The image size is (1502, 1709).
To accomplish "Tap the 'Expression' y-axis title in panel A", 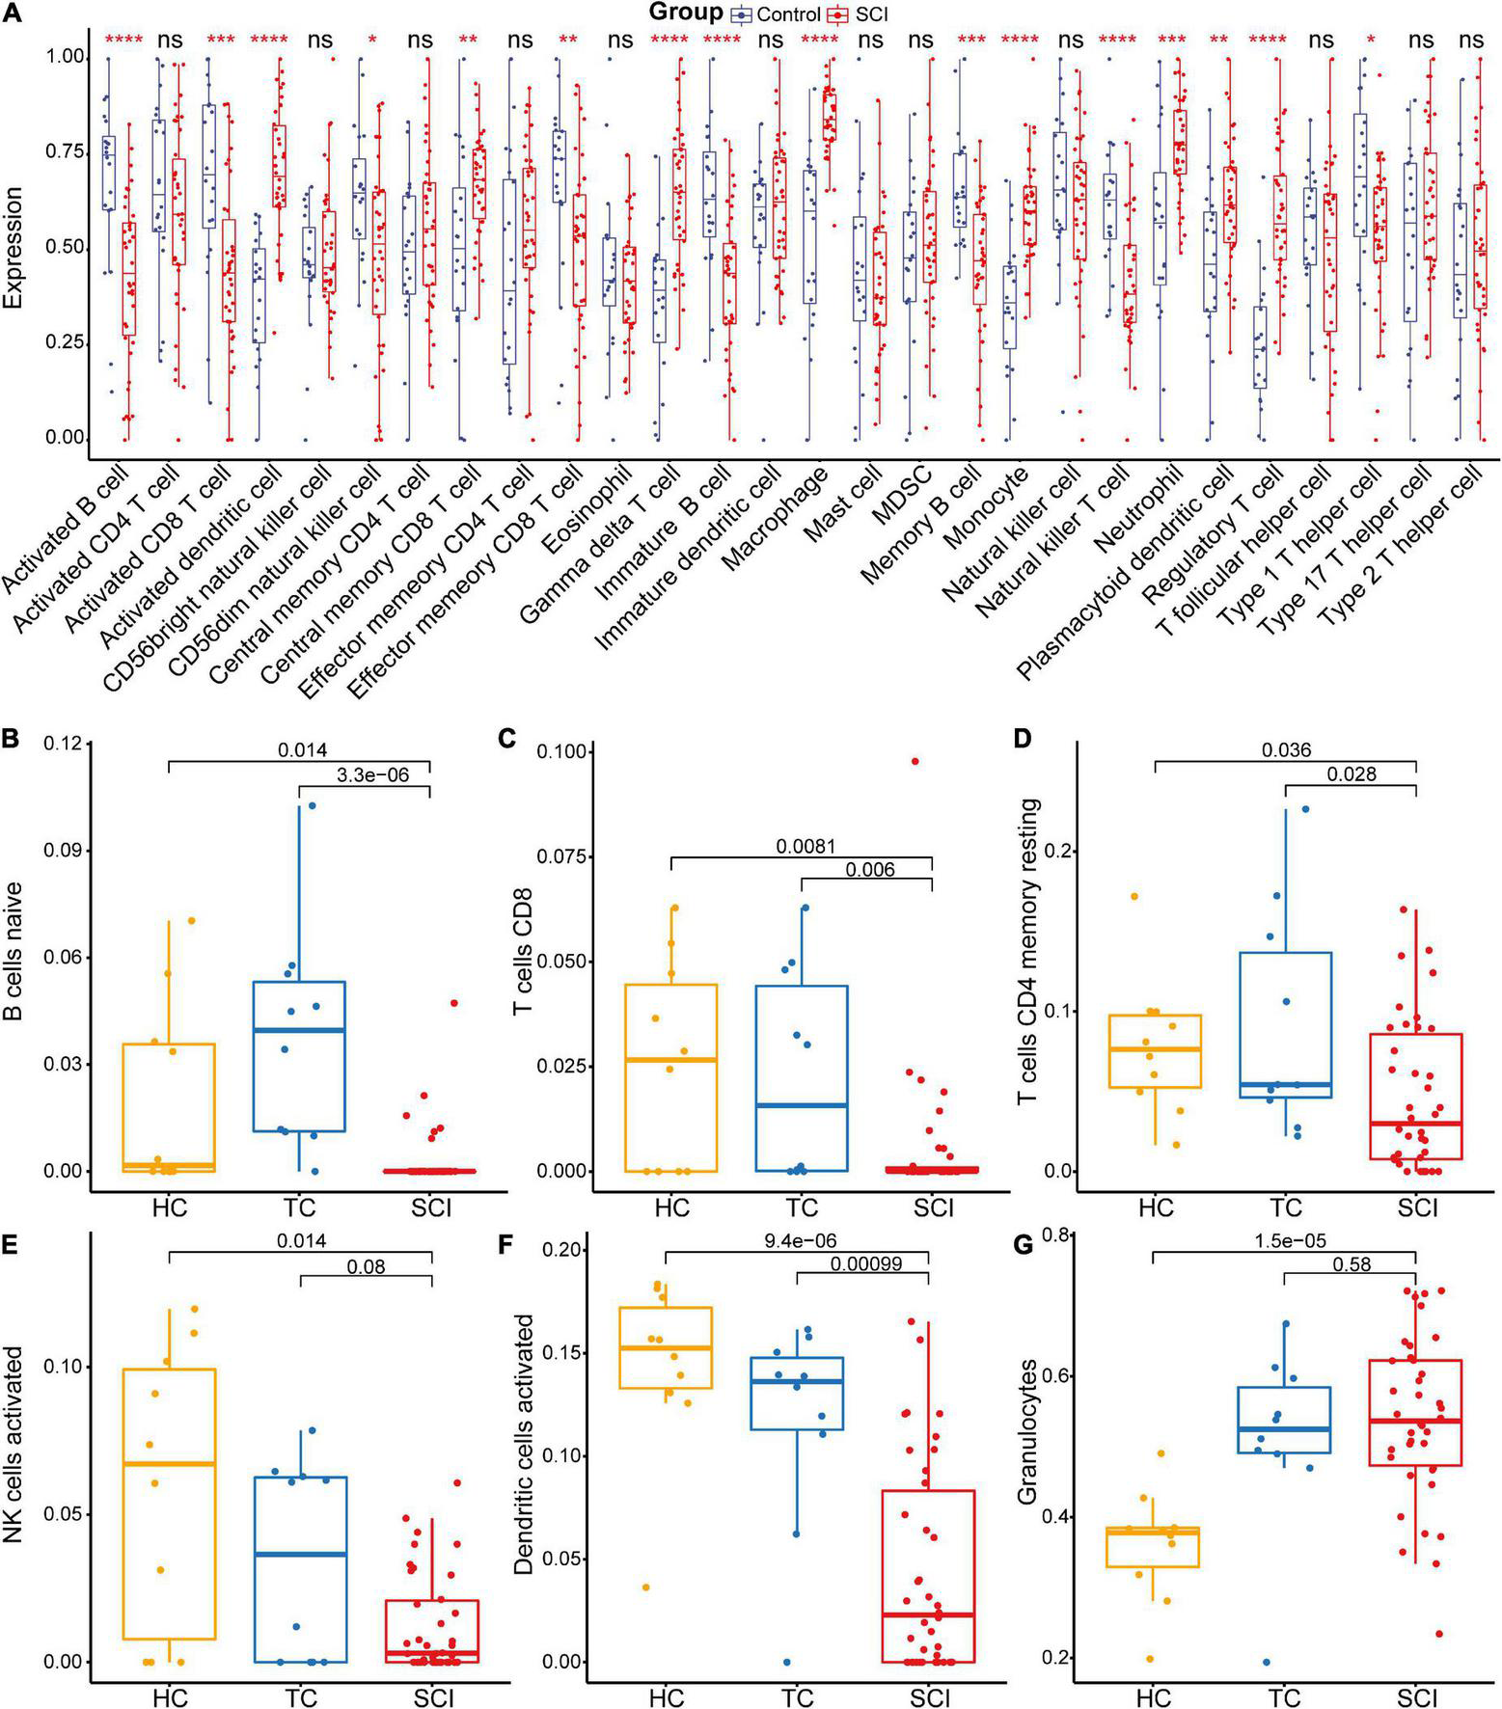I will pos(14,248).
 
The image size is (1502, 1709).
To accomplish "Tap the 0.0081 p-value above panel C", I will pos(806,846).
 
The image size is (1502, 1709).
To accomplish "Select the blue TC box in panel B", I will pos(300,1056).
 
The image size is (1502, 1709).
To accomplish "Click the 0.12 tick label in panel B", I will pos(61,745).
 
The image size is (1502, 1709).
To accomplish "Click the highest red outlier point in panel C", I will pos(915,761).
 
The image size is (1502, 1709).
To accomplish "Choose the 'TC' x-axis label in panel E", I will pos(301,1695).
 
